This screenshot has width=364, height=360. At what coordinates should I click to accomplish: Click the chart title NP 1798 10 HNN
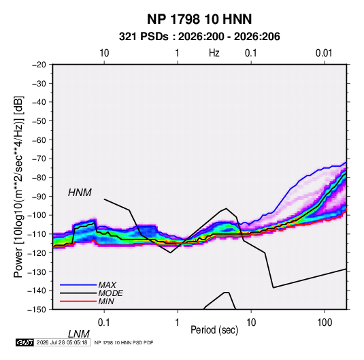[199, 19]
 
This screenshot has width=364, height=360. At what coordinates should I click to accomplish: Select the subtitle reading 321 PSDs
[144, 37]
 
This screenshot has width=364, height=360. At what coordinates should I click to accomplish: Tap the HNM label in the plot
[80, 193]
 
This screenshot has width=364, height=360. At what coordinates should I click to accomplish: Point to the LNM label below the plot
[78, 334]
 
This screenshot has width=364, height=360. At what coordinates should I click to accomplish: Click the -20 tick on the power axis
[39, 65]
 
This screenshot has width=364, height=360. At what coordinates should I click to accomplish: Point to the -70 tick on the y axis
[39, 159]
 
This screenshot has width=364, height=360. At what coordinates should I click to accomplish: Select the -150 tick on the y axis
[37, 310]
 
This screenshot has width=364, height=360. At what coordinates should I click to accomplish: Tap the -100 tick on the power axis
[37, 215]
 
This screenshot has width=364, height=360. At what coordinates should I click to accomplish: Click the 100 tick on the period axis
[325, 323]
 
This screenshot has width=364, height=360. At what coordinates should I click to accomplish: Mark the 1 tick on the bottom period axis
[178, 323]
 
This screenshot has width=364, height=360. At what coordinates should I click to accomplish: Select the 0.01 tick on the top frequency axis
[324, 53]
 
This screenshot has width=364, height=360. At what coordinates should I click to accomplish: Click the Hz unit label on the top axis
[214, 53]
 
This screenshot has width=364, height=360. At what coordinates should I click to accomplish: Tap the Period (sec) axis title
[214, 330]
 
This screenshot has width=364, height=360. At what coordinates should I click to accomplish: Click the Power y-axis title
[19, 187]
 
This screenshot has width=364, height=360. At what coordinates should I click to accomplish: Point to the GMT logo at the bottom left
[24, 342]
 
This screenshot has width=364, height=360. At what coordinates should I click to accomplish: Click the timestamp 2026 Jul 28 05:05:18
[62, 342]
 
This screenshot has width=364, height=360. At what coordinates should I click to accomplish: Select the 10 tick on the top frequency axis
[104, 53]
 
